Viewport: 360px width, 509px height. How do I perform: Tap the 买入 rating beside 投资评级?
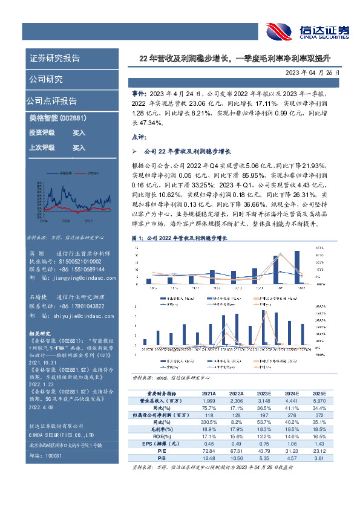[x=79, y=132]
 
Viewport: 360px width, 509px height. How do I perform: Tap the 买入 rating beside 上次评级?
[x=79, y=147]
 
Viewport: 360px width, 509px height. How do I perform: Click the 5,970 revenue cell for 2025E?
[x=318, y=401]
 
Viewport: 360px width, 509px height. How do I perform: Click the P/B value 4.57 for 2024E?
[x=291, y=458]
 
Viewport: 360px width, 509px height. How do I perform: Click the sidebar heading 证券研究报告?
[x=54, y=59]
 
